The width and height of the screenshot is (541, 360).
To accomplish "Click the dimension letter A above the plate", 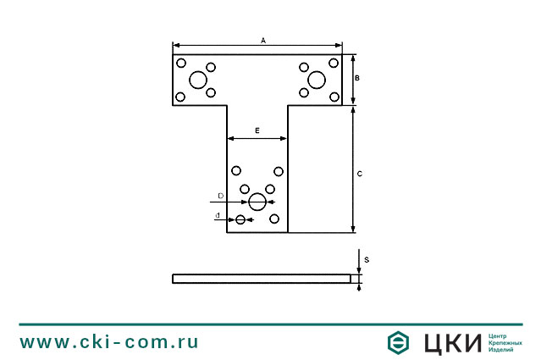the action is point(263,41).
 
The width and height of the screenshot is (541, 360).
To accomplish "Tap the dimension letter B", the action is point(357,78).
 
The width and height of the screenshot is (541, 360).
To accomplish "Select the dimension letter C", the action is point(360,174).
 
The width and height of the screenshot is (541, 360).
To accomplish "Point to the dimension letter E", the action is point(257,130).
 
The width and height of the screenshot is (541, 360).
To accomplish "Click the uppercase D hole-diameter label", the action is point(221,196).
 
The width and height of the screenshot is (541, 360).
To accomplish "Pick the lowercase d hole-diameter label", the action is point(218,215).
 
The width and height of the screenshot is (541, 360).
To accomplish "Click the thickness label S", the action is point(367,259).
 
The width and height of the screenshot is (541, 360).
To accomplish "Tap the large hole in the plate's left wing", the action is point(198,80).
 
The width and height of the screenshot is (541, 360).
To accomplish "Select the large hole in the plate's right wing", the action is point(317,80).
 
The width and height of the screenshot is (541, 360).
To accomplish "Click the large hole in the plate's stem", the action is point(257,202).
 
